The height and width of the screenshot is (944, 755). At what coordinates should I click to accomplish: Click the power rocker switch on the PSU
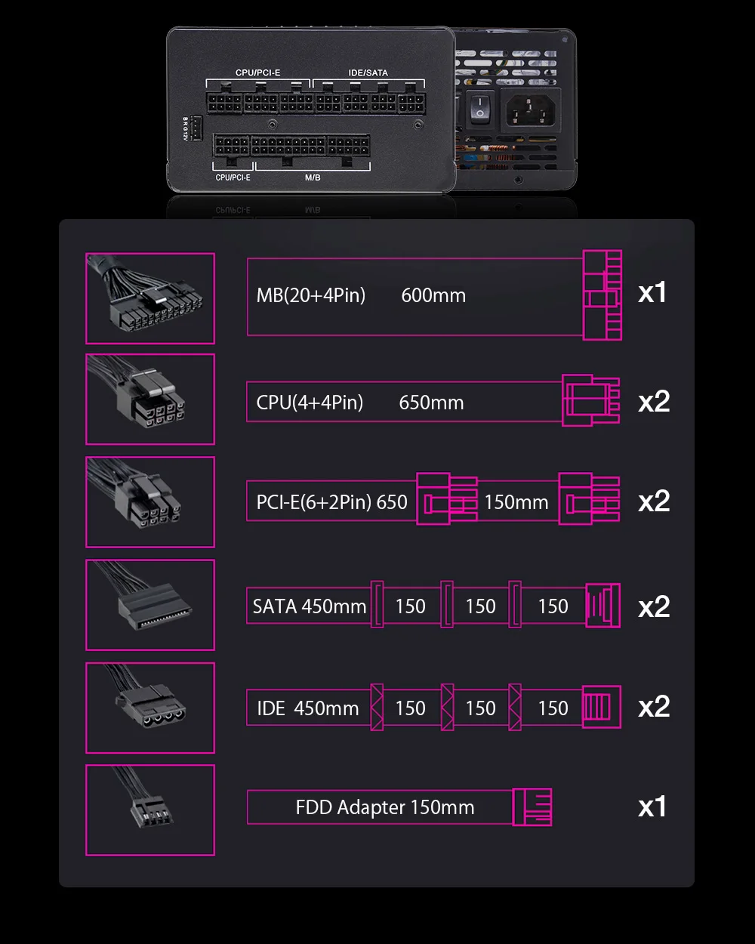(479, 110)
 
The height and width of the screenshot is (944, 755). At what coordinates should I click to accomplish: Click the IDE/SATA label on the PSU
(368, 73)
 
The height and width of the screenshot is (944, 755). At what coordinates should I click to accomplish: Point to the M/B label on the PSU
(312, 177)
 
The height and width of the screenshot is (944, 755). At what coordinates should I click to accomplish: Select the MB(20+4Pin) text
(310, 295)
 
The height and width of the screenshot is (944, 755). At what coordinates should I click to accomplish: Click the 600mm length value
(433, 295)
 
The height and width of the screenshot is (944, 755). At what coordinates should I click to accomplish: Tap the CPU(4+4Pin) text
(310, 403)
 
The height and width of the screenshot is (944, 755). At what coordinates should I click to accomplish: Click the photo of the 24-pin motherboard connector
(150, 298)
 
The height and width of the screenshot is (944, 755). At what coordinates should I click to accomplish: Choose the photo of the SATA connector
(150, 604)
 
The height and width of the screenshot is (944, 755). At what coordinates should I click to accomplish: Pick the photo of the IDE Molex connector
(150, 708)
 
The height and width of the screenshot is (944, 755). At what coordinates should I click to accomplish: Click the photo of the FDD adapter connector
(150, 810)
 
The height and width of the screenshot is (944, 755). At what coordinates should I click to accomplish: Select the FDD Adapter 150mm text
(385, 807)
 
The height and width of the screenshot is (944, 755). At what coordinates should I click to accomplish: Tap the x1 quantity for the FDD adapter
(652, 807)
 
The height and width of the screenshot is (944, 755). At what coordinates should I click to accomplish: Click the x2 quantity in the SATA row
(654, 606)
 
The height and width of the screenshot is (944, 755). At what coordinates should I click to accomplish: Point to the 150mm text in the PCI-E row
(516, 502)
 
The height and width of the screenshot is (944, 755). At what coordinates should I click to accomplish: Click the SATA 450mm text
(310, 606)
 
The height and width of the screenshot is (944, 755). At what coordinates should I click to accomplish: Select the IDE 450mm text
(307, 708)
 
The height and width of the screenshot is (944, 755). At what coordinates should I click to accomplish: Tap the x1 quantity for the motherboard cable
(652, 293)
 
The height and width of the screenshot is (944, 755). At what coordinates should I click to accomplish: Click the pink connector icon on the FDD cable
(532, 807)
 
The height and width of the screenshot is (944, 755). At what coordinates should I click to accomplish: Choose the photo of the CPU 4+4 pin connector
(150, 400)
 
